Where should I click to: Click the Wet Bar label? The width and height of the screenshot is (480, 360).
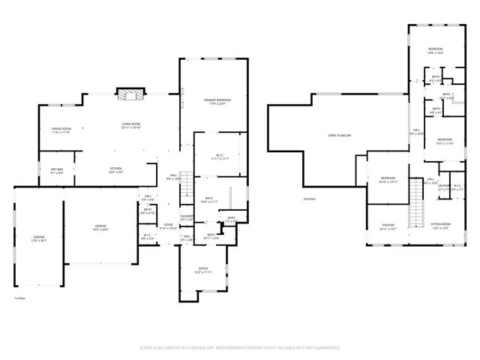(x=57, y=170)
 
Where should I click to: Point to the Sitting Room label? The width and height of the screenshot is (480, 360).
(x=440, y=226)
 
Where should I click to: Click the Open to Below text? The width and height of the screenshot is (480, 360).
(x=339, y=136)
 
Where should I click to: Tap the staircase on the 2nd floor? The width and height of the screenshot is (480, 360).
(x=417, y=207)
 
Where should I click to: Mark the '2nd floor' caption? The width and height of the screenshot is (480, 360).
(x=308, y=199)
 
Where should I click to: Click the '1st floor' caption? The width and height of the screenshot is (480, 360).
(x=19, y=298)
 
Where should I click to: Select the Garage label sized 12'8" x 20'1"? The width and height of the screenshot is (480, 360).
(x=38, y=238)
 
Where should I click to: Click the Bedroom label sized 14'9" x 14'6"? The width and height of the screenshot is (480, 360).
(x=436, y=50)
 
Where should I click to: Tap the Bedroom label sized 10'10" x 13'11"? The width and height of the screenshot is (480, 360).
(x=387, y=180)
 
